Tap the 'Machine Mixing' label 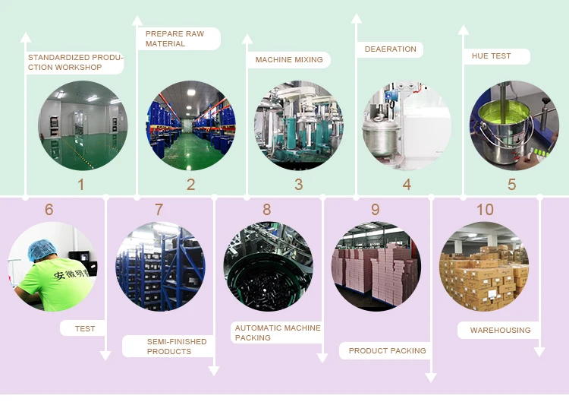click(x=288, y=59)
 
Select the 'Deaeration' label click(x=390, y=49)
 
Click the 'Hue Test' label click(x=491, y=56)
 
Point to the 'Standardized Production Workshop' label click(x=74, y=62)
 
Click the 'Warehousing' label click(x=500, y=330)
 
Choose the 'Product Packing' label click(x=387, y=350)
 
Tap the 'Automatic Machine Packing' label click(x=278, y=333)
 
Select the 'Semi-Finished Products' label click(x=176, y=347)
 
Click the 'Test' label click(x=85, y=328)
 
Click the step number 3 click(x=299, y=184)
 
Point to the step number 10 click(x=485, y=210)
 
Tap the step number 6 click(x=49, y=210)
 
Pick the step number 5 click(x=512, y=184)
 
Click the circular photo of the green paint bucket click(x=514, y=125)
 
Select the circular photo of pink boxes click(x=376, y=266)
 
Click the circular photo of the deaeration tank click(x=407, y=125)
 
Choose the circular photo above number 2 click(x=191, y=125)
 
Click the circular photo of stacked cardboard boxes click(x=484, y=266)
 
